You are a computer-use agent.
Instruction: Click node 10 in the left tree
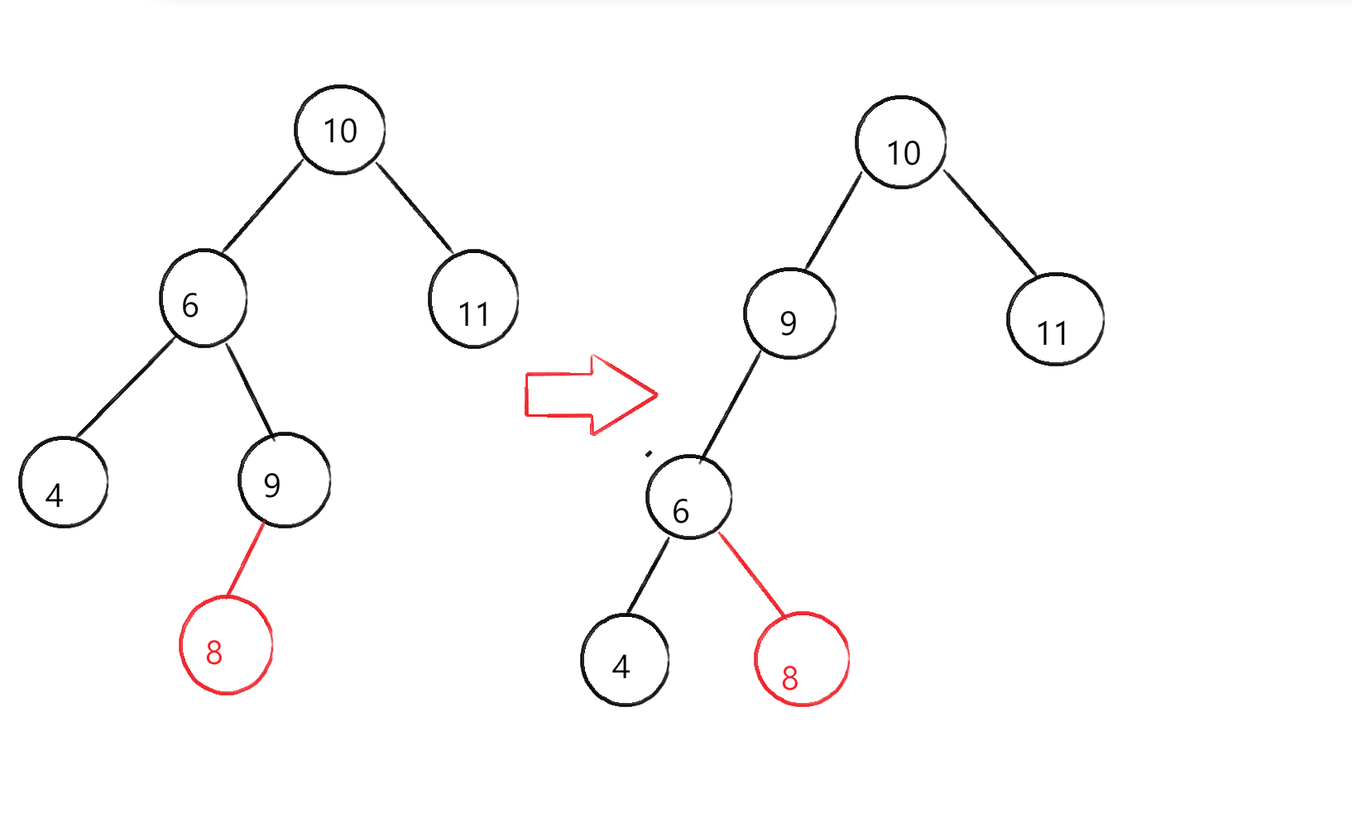pos(340,130)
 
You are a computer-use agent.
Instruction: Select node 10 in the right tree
pos(901,143)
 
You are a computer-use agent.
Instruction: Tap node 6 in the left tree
pos(204,299)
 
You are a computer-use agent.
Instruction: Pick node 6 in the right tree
pos(689,497)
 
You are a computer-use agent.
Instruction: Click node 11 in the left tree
pos(473,299)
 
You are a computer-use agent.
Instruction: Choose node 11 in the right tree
pos(1055,319)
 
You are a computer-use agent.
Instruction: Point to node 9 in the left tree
pos(285,480)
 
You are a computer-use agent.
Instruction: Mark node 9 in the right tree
pos(790,313)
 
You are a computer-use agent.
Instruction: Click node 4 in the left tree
pos(64,482)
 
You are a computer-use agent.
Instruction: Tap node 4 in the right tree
pos(625,660)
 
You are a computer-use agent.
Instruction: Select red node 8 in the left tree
pos(226,646)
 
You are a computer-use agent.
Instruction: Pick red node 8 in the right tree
pos(802,659)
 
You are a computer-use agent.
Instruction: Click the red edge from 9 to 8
pos(246,559)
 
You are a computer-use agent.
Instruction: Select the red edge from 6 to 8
pos(752,575)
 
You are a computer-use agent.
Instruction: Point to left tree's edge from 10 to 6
pos(262,207)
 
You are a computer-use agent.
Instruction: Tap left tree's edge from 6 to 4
pos(125,388)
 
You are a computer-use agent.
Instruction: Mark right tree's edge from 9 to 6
pos(730,405)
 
